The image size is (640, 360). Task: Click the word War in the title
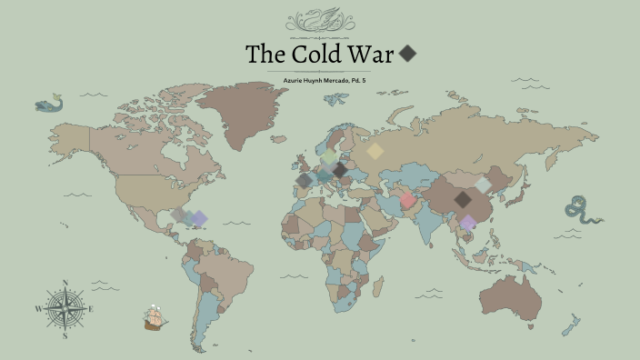tap(373, 54)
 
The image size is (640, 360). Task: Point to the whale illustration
tap(48, 105)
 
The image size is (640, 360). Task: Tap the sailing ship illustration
tap(155, 318)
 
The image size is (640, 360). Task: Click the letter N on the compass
tap(65, 283)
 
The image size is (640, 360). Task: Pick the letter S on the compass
tap(65, 335)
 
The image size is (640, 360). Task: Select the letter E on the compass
tap(92, 309)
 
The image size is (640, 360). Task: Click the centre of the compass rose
tap(65, 309)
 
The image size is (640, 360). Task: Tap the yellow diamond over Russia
tap(374, 152)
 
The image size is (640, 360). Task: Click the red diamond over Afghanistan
tap(408, 200)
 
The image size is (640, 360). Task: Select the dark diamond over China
tap(463, 199)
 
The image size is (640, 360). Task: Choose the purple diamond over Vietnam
tap(467, 223)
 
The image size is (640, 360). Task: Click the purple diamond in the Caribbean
tap(199, 218)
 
